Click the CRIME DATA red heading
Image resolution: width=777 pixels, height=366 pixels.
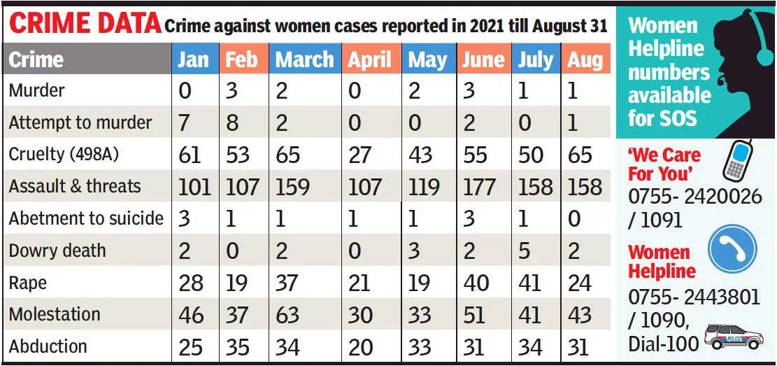(85, 24)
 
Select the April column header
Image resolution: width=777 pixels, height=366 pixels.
(371, 60)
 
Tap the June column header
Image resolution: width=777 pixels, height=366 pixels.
(484, 60)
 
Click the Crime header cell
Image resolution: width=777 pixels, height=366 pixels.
(36, 60)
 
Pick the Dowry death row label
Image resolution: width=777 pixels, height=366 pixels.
(57, 251)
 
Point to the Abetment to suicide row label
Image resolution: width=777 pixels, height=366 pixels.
(86, 218)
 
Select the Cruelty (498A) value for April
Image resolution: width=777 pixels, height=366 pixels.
(359, 155)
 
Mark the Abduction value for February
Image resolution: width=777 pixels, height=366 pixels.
(238, 347)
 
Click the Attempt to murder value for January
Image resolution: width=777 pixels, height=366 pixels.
(185, 123)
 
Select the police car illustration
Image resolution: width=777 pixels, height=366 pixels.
(733, 338)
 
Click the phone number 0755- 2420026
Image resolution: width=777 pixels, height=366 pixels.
(694, 197)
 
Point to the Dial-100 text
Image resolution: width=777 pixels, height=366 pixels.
(663, 343)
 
